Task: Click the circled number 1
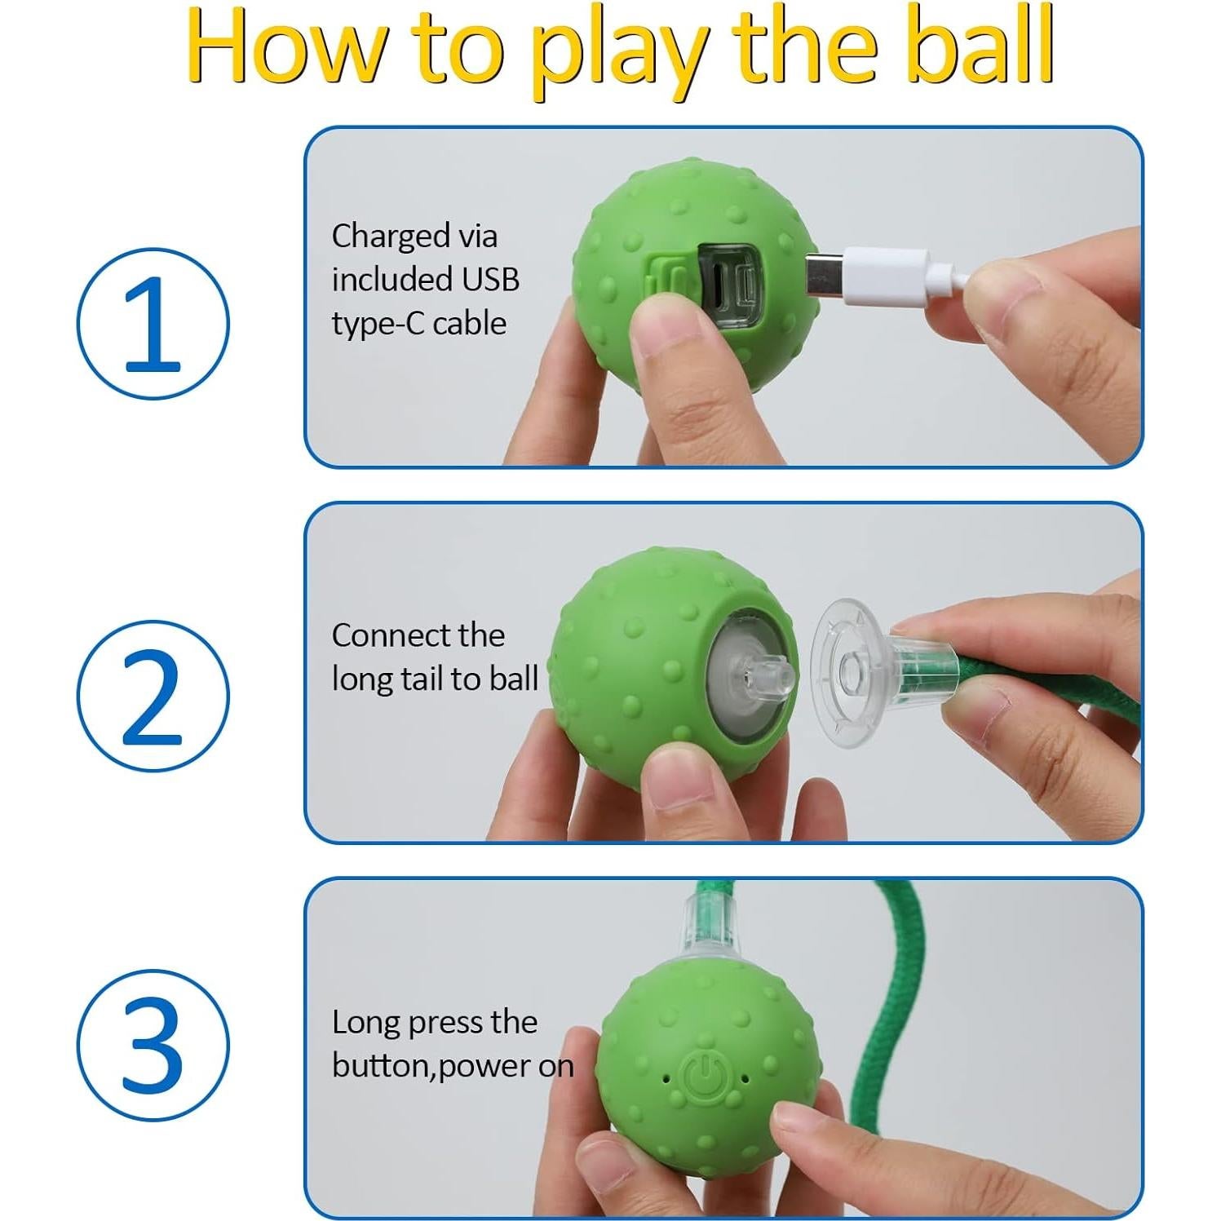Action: click(153, 324)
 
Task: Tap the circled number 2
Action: click(153, 696)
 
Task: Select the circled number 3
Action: click(153, 1045)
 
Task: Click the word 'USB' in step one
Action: click(490, 280)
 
